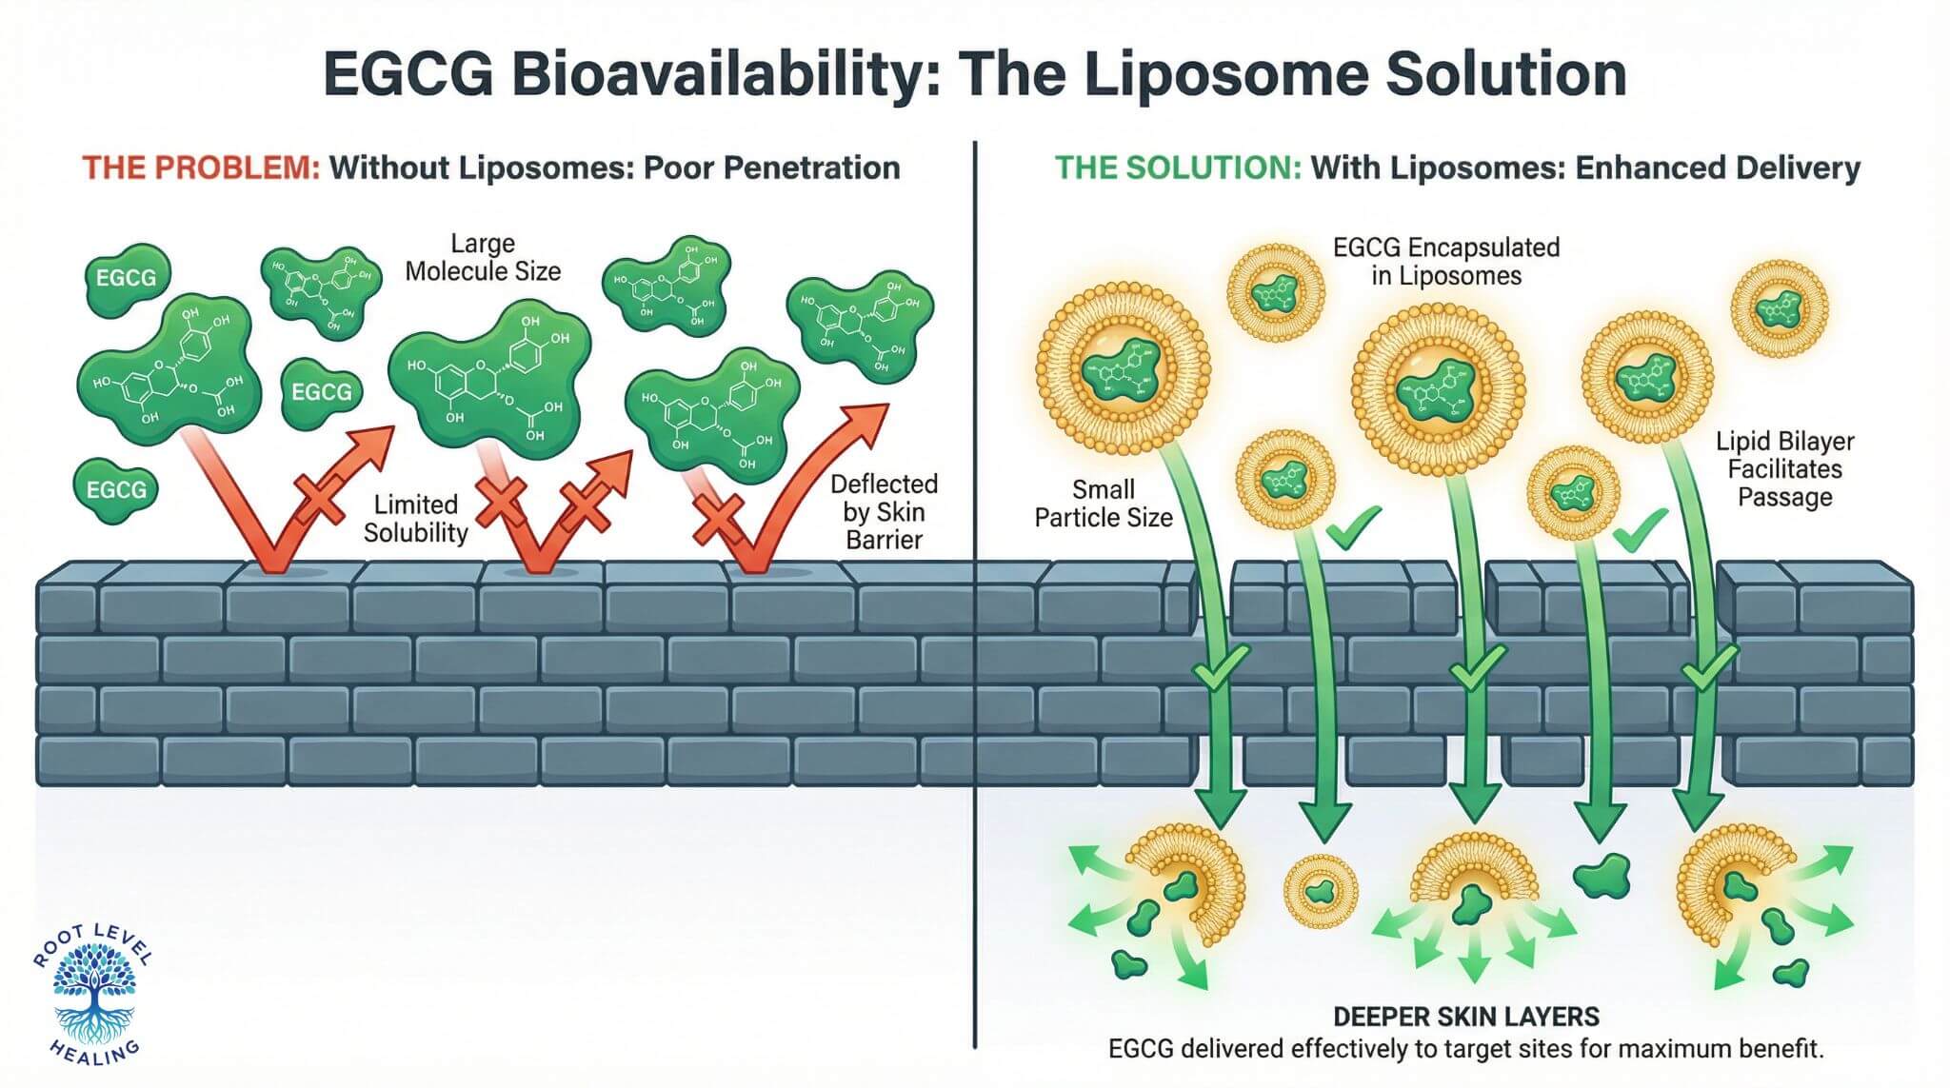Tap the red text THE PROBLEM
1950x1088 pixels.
pos(201,168)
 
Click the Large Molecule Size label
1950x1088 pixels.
pos(483,258)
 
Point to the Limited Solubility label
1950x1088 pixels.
pos(415,519)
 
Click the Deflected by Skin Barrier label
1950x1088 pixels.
pos(884,512)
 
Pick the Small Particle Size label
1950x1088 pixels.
pos(1104,504)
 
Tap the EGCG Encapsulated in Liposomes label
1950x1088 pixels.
pos(1445,262)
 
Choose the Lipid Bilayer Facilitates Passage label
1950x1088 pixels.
pos(1784,469)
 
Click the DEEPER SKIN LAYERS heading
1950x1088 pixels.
pos(1465,1017)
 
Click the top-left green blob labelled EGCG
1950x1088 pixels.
pos(127,278)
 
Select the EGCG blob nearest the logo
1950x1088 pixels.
pos(116,490)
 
